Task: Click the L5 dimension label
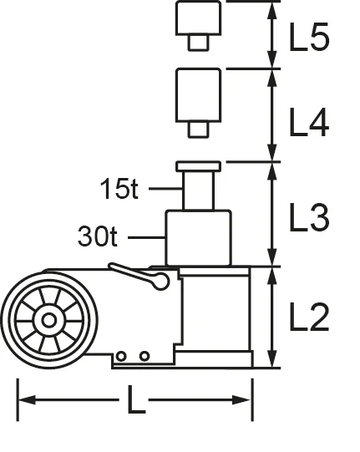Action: coord(309,38)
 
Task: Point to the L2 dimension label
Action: coord(309,318)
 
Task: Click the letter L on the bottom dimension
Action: coord(136,402)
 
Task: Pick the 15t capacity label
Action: coord(119,190)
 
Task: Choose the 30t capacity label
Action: coord(99,237)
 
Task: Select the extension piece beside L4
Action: coord(199,96)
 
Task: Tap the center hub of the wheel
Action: coord(48,321)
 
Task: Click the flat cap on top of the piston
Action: coord(199,166)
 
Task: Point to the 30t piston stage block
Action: coord(197,238)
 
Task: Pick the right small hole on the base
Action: coord(144,357)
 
